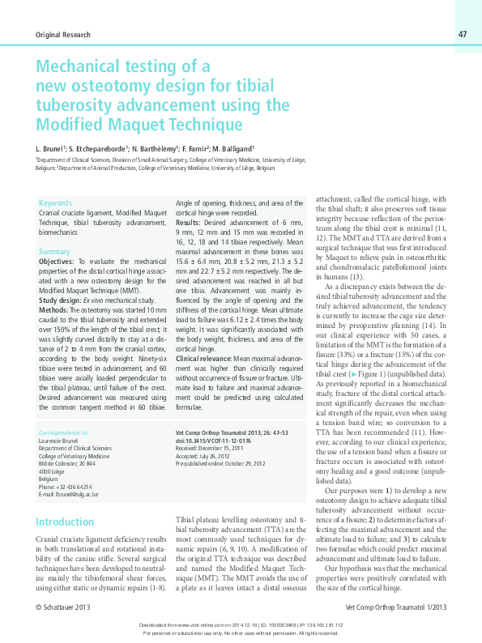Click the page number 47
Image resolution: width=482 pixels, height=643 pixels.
462,34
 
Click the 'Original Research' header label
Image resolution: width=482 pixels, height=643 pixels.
63,35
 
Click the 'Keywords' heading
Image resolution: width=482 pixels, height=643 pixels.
55,202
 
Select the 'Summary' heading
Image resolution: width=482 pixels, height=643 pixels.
54,253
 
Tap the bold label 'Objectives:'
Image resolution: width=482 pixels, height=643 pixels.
57,263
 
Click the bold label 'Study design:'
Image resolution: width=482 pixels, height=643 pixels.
59,300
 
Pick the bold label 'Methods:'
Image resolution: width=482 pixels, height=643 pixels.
53,309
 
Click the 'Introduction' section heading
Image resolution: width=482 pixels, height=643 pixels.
65,522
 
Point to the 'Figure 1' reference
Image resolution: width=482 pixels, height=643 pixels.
369,377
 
